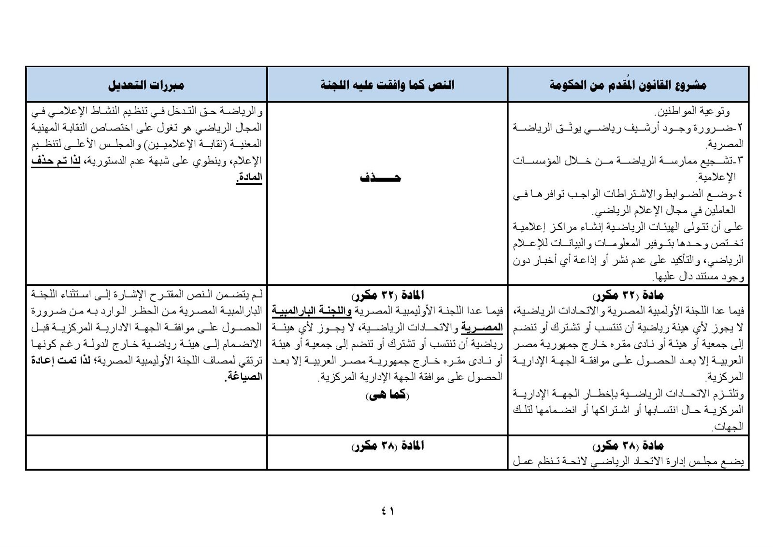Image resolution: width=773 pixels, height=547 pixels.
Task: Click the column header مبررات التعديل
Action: [146, 85]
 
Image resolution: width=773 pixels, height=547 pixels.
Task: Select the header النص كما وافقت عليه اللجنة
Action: [387, 85]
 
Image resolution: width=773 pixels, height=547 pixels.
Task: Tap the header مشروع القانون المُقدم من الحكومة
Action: [628, 85]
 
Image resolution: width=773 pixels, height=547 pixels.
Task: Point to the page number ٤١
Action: [387, 511]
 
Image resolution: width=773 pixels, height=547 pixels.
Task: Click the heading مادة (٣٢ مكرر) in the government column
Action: [628, 296]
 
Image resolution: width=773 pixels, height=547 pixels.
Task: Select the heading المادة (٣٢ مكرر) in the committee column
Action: [387, 296]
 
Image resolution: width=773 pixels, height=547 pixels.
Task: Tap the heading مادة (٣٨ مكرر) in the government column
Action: [628, 446]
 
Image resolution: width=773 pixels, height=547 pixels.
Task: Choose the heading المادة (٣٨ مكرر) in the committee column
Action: [387, 446]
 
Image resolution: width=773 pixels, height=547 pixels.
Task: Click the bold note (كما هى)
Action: [388, 395]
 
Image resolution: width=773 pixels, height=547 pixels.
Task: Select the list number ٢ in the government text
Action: [740, 128]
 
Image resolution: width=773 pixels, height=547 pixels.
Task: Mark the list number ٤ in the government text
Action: [740, 194]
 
